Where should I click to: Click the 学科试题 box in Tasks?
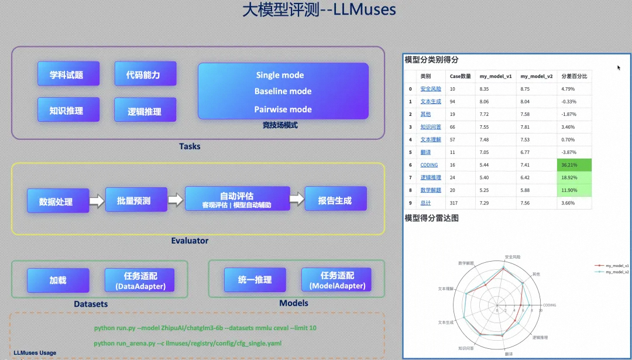pyautogui.click(x=66, y=75)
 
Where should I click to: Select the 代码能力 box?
pyautogui.click(x=143, y=75)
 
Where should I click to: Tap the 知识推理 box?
pyautogui.click(x=66, y=110)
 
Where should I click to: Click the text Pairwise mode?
pyautogui.click(x=283, y=109)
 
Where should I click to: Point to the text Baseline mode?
pyautogui.click(x=283, y=91)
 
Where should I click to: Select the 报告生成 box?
pyautogui.click(x=335, y=200)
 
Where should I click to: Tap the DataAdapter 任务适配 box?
pyautogui.click(x=140, y=280)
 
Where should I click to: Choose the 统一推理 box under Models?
pyautogui.click(x=255, y=280)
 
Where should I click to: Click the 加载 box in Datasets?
pyautogui.click(x=58, y=280)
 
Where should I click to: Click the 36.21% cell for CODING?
pyautogui.click(x=573, y=165)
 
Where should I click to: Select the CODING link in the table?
pyautogui.click(x=429, y=165)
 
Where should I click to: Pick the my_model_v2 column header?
pyautogui.click(x=536, y=76)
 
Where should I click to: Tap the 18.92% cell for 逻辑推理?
pyautogui.click(x=573, y=177)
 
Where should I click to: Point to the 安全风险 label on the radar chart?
pyautogui.click(x=511, y=256)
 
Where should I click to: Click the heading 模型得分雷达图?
pyautogui.click(x=431, y=218)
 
